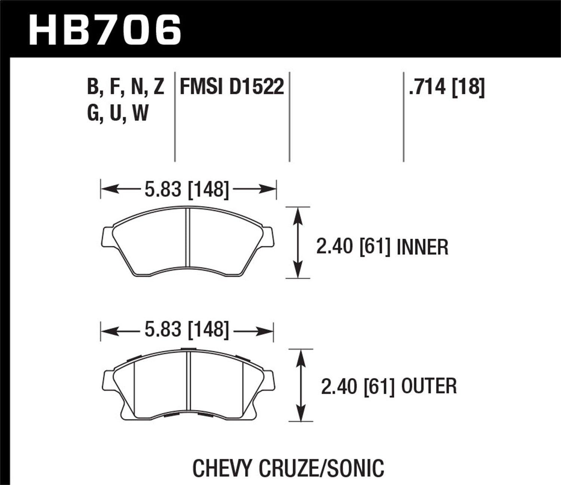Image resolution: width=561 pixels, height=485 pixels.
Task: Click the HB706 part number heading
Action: coord(105,30)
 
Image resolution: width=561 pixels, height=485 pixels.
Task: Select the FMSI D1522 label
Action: coord(232,87)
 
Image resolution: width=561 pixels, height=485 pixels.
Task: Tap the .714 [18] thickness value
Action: coord(447,87)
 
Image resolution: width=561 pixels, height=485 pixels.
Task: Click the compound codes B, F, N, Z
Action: coord(126,87)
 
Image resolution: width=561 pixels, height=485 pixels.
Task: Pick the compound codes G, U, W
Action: coord(118,113)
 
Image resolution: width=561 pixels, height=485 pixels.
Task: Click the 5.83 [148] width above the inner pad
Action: coord(186,189)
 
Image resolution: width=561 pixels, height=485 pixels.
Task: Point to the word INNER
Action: coord(422,247)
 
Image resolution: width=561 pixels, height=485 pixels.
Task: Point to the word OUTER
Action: coord(429,386)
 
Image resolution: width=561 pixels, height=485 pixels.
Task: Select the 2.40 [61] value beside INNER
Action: coord(353,247)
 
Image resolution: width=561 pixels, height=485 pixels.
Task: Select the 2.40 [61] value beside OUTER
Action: coord(358,386)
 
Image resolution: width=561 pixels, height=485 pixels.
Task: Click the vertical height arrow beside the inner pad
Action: coord(298,242)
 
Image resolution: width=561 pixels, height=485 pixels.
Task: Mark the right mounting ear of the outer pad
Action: coord(269,381)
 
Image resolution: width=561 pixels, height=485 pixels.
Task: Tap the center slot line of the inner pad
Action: coord(188,238)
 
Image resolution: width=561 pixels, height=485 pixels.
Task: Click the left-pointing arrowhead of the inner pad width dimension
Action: coord(107,189)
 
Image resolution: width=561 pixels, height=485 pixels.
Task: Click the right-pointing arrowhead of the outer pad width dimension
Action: coord(268,330)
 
